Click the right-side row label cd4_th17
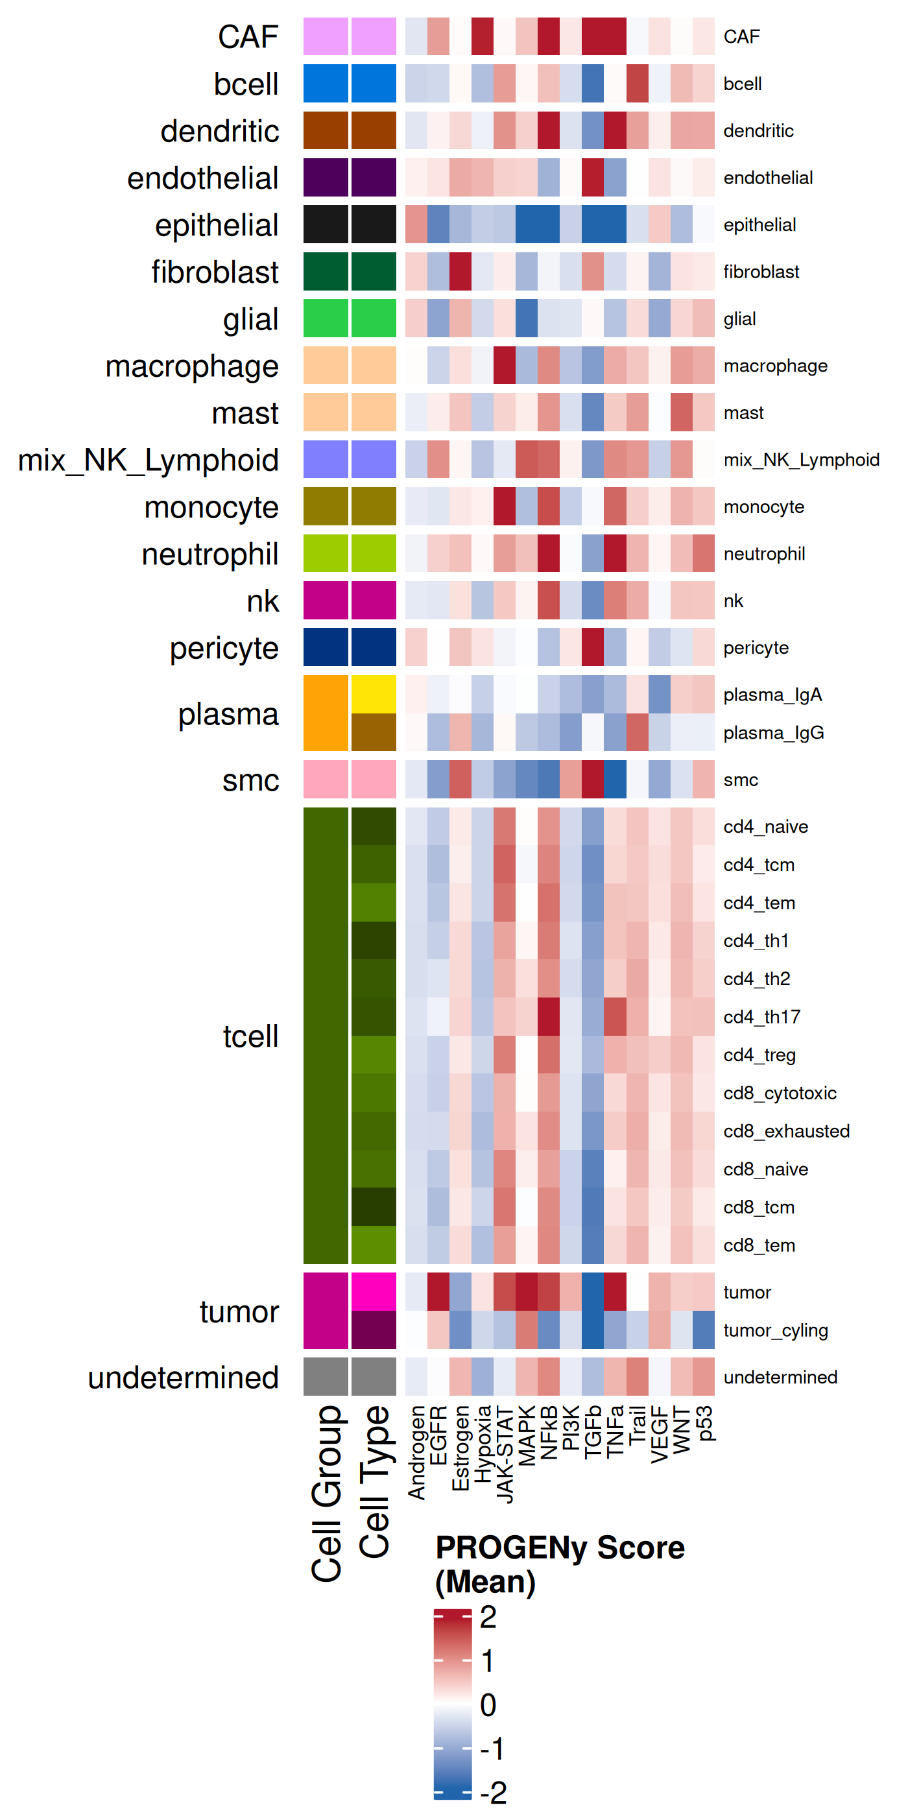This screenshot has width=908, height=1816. tap(761, 1016)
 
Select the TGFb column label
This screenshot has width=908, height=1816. tap(593, 1431)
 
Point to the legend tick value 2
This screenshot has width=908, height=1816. tap(488, 1616)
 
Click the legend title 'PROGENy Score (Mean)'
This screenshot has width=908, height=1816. tap(560, 1564)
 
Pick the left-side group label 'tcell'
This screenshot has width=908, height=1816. tap(250, 1036)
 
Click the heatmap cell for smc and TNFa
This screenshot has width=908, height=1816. tap(615, 780)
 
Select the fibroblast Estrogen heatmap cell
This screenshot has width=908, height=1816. tap(460, 271)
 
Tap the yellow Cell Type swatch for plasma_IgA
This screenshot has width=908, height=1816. tap(374, 695)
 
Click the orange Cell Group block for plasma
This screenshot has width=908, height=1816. tap(326, 713)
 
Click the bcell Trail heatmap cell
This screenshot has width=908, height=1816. tap(638, 83)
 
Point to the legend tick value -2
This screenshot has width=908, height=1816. tap(493, 1793)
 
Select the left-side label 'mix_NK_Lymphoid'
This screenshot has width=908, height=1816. tap(148, 460)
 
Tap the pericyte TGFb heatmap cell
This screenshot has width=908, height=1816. tap(593, 647)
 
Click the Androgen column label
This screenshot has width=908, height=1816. tap(416, 1452)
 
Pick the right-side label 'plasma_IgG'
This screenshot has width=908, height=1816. tap(773, 732)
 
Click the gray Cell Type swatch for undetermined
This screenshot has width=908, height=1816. tap(374, 1377)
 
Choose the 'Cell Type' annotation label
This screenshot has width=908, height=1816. tap(374, 1481)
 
